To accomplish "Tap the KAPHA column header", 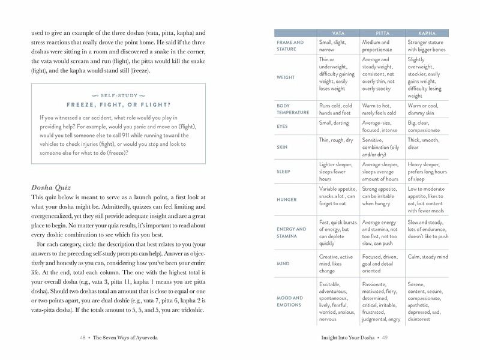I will (427, 33).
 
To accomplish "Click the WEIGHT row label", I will (285, 77).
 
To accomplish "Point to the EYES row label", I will (282, 127).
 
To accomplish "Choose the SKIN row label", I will (281, 147).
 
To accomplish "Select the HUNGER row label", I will (286, 199).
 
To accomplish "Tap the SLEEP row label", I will (283, 172).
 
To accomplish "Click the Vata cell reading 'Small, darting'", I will (334, 123).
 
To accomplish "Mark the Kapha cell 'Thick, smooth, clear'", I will (424, 143).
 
